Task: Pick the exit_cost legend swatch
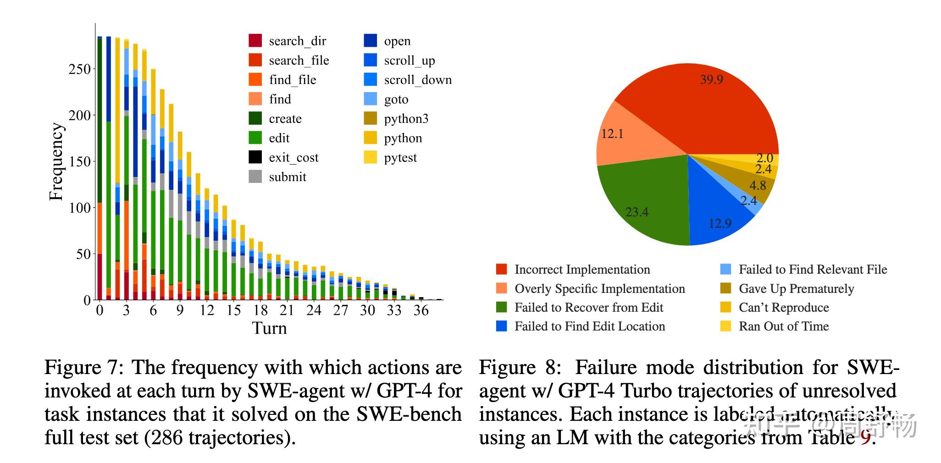pos(255,157)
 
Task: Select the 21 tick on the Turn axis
pos(287,310)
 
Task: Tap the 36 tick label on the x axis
pos(421,310)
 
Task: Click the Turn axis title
pos(269,328)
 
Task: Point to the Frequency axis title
pos(56,161)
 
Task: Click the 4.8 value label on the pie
pos(758,186)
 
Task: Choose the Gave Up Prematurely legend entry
pos(796,289)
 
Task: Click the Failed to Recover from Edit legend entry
pos(588,308)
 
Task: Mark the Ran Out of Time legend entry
pos(783,326)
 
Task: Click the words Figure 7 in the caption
pos(83,368)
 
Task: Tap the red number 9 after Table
pos(865,438)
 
